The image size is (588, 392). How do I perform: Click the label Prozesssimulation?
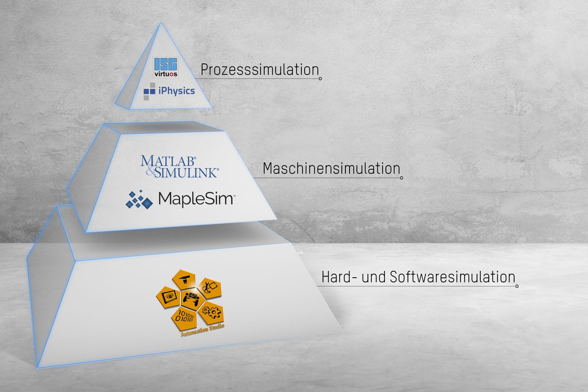259,70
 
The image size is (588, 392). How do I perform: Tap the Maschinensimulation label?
331,168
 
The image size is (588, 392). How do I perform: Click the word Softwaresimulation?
452,277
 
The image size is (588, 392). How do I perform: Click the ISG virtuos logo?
166,67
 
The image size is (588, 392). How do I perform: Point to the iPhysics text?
176,90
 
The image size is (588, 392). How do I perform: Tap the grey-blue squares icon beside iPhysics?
149,91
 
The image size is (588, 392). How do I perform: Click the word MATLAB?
168,161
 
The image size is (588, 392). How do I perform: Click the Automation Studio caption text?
202,329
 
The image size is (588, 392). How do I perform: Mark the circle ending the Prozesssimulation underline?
320,78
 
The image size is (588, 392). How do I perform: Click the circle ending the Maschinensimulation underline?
401,178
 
